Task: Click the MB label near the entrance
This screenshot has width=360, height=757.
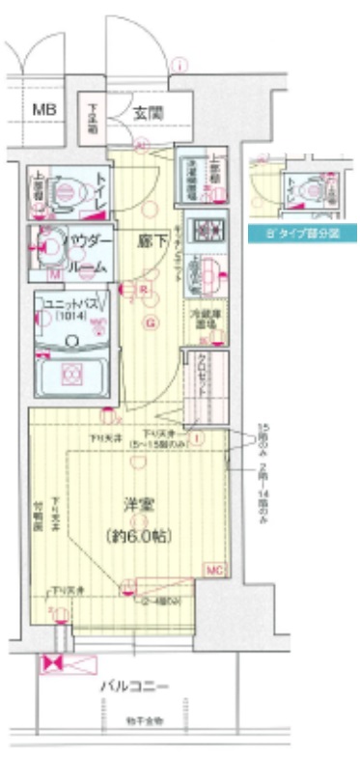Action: tap(44, 110)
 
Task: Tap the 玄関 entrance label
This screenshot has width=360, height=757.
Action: tap(148, 113)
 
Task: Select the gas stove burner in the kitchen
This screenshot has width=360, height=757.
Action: tap(204, 231)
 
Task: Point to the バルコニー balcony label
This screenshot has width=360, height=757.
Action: tap(135, 687)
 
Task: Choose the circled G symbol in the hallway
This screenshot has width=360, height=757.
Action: tap(151, 322)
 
